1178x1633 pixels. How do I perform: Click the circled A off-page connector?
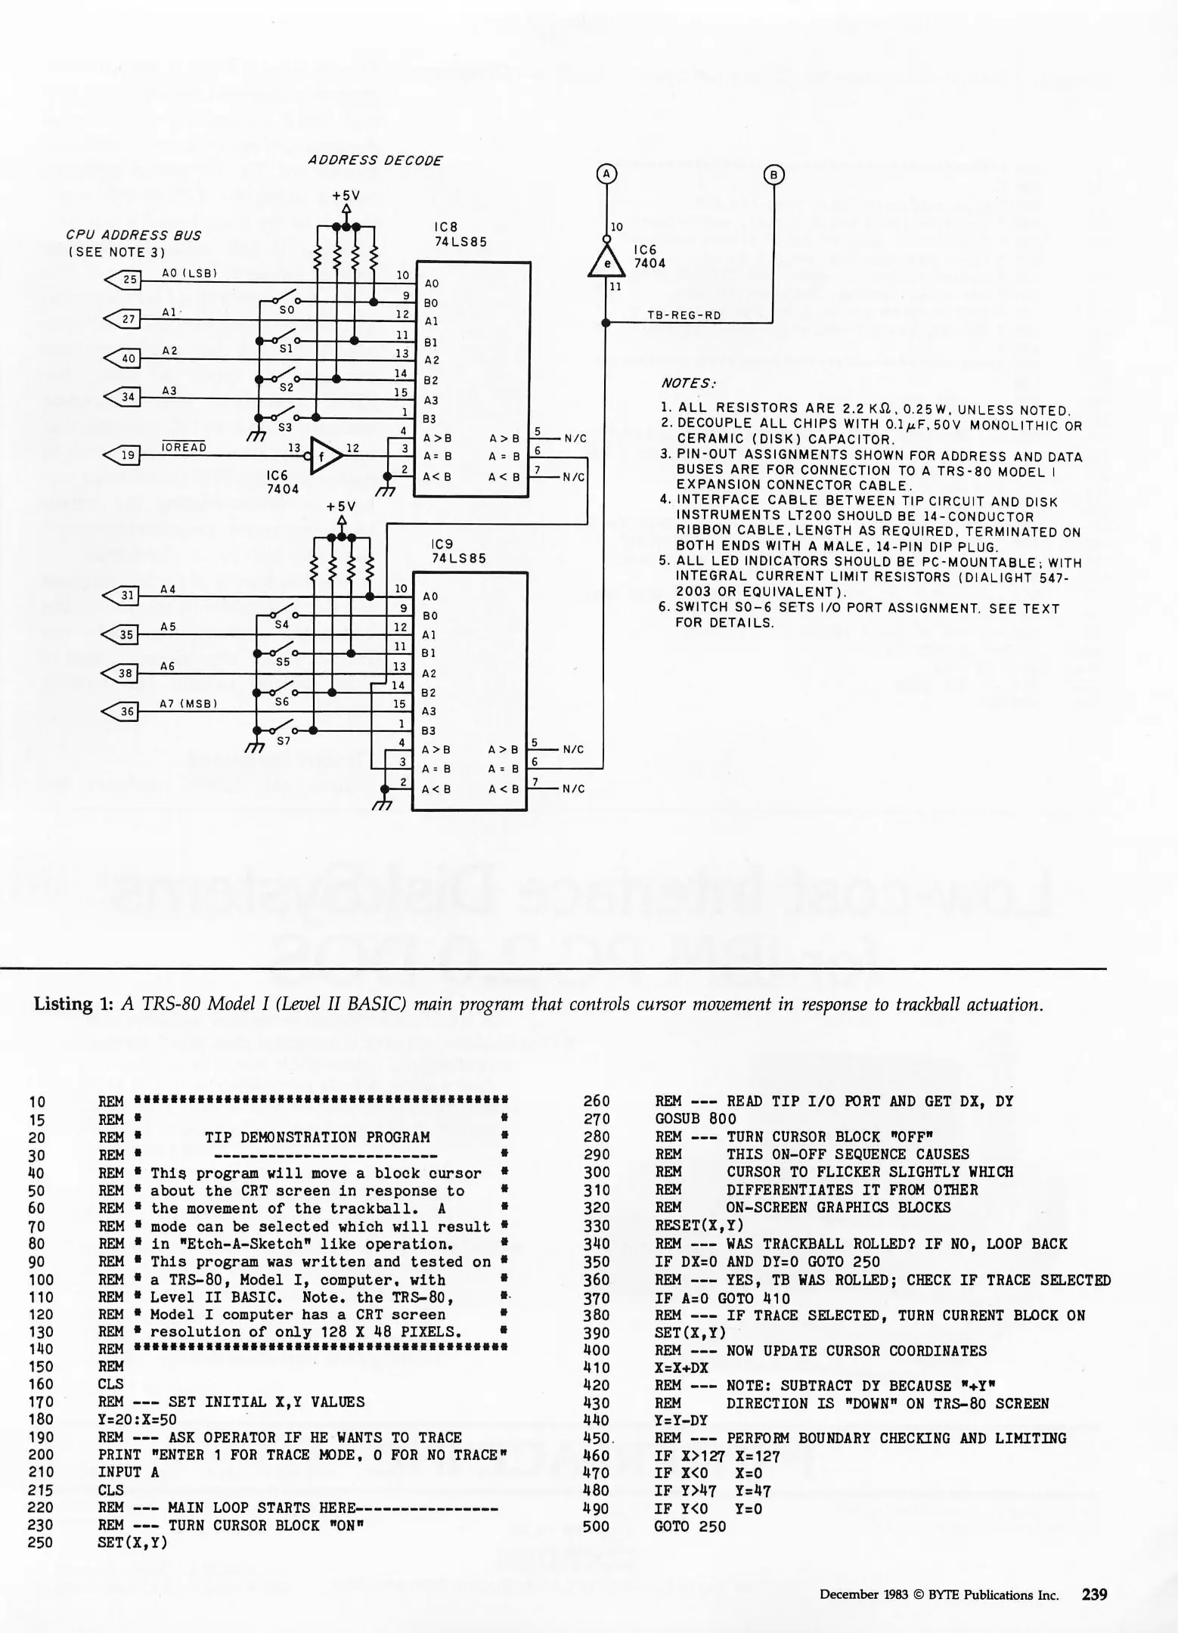click(x=606, y=174)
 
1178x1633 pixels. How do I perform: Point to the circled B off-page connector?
click(x=773, y=175)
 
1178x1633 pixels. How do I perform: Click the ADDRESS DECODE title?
click(x=375, y=160)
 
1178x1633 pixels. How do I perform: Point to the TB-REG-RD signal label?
click(x=684, y=316)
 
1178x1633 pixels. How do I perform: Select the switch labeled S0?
click(x=286, y=302)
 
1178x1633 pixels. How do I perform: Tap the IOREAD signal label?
click(x=184, y=448)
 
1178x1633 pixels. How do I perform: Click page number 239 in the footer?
click(x=1094, y=1594)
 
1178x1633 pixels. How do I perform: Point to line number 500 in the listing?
click(x=596, y=1526)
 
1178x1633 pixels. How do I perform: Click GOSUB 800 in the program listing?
click(x=695, y=1118)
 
